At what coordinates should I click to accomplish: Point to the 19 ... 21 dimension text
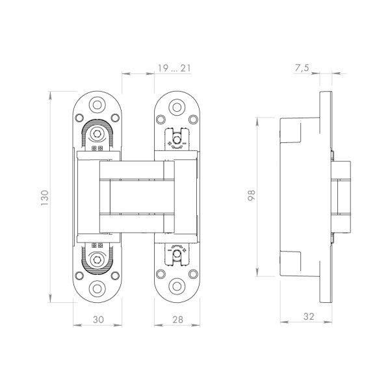click(174, 68)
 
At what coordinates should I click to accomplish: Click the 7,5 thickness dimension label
click(302, 68)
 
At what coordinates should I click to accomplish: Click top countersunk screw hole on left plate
click(97, 106)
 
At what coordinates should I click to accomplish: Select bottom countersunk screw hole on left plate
click(97, 288)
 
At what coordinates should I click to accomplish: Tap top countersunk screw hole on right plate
click(176, 107)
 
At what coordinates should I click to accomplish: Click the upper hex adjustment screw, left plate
click(97, 134)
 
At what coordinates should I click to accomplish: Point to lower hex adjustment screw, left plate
click(97, 260)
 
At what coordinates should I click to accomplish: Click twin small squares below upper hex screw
click(97, 148)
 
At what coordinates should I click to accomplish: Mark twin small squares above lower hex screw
click(97, 246)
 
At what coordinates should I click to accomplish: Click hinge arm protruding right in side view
click(343, 196)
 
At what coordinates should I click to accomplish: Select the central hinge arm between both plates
click(136, 196)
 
